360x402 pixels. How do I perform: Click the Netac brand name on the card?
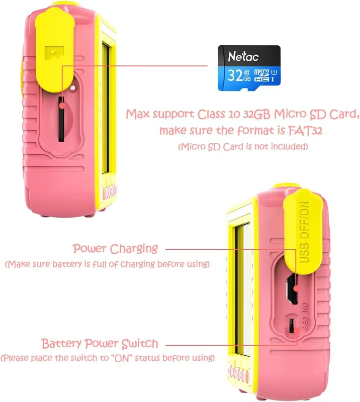243,56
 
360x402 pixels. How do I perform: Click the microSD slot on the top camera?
61,119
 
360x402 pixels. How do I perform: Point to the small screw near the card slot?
73,88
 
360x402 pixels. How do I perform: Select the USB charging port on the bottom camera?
292,288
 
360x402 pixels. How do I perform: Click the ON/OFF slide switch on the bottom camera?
292,326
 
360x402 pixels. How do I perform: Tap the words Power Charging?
115,249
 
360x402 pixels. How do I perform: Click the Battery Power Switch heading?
100,344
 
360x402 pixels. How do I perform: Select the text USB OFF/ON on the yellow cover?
304,232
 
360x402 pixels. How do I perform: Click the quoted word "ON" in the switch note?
122,358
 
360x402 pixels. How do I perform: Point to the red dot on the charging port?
297,288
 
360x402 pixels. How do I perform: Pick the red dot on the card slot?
62,106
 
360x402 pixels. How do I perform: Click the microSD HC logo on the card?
262,75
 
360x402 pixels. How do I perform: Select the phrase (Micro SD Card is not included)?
243,147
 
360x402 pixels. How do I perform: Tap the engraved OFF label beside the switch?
304,324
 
